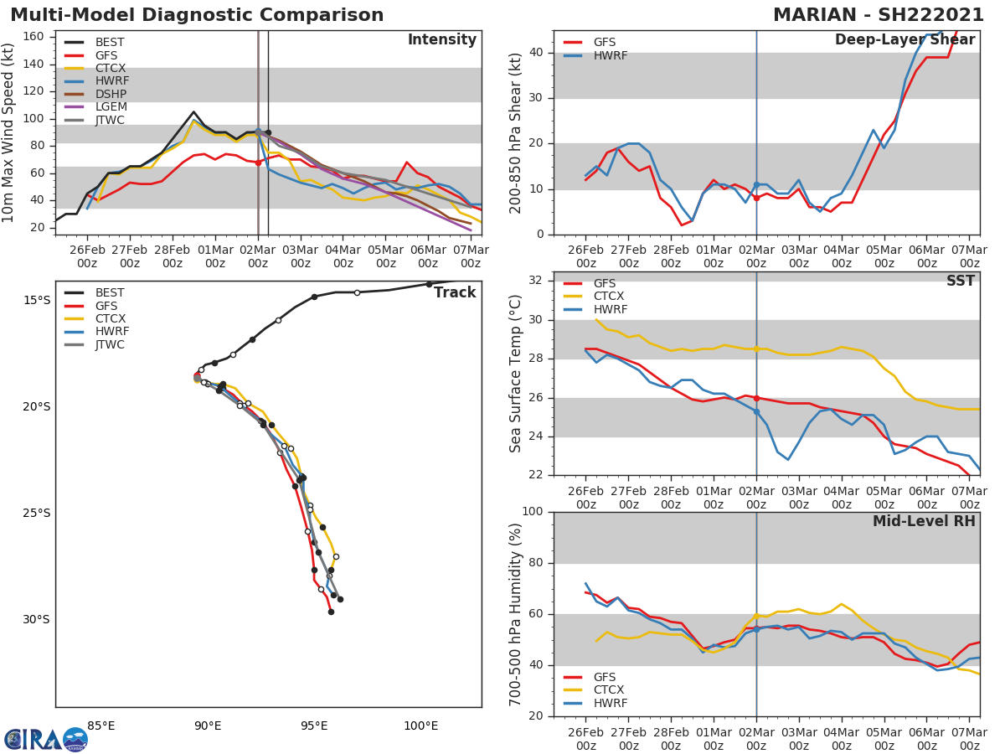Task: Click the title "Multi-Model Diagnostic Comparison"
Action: point(197,15)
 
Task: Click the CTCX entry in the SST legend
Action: point(610,297)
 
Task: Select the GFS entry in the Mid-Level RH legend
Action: point(605,677)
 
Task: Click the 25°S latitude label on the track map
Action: point(35,513)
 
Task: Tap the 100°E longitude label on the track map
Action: point(420,726)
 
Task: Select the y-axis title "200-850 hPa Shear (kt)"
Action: point(516,132)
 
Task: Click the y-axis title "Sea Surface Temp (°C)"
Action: point(516,373)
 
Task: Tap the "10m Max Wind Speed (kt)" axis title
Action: point(9,132)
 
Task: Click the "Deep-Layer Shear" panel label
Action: point(904,40)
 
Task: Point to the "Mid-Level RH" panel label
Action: point(924,521)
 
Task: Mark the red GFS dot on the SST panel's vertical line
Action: point(756,398)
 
